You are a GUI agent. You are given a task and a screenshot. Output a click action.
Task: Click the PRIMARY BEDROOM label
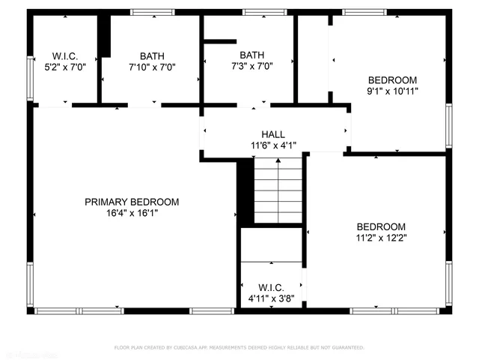click(132, 202)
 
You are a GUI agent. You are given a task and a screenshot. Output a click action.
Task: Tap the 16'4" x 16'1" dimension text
click(132, 213)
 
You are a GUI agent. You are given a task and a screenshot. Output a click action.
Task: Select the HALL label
click(272, 134)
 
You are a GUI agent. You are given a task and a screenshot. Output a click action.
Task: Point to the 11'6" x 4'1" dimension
click(272, 145)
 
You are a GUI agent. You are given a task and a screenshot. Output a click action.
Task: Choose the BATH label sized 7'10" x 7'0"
click(152, 55)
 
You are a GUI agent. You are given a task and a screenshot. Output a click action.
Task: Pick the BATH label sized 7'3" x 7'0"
click(252, 55)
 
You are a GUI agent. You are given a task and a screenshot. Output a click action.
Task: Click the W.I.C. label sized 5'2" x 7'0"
click(65, 56)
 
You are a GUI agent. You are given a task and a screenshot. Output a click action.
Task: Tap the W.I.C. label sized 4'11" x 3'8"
click(270, 287)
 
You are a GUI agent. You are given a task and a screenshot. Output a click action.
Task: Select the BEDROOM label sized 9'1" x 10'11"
click(392, 79)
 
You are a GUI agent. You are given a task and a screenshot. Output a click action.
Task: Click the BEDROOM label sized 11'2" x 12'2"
click(381, 226)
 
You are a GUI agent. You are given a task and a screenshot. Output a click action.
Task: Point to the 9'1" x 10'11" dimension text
click(392, 91)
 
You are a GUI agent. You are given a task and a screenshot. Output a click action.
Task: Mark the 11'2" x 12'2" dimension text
click(381, 238)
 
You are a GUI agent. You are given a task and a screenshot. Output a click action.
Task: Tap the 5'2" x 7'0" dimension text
click(65, 67)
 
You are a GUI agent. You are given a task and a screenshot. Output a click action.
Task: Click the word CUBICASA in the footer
click(189, 348)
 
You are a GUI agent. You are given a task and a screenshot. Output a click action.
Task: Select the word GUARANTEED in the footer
click(350, 348)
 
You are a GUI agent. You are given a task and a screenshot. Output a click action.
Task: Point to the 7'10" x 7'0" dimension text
click(152, 67)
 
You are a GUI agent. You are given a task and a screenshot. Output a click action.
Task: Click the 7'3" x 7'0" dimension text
click(252, 66)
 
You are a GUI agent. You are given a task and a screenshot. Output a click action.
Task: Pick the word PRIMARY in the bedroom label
click(106, 202)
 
